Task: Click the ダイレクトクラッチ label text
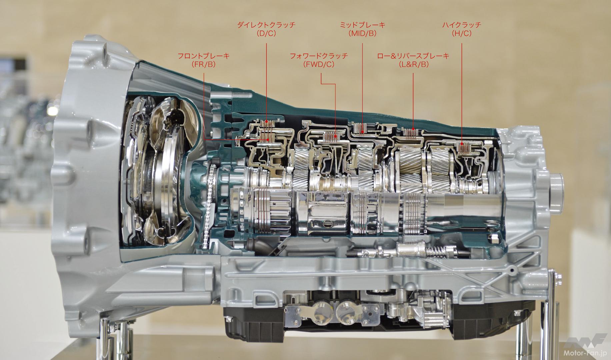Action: coord(266,25)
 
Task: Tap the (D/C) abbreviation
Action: coord(266,34)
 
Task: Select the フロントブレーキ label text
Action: coord(204,56)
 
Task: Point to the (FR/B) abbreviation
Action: coord(204,65)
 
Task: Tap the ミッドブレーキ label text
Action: coord(362,25)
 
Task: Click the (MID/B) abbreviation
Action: coord(362,34)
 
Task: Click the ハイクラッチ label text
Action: coord(462,25)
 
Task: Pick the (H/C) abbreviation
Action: coord(462,34)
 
